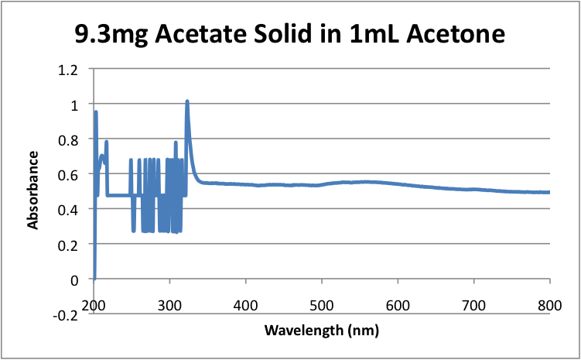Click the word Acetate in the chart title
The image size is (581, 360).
pos(197,34)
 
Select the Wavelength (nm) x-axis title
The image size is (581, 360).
pos(321,331)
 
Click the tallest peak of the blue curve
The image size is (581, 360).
pos(187,101)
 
